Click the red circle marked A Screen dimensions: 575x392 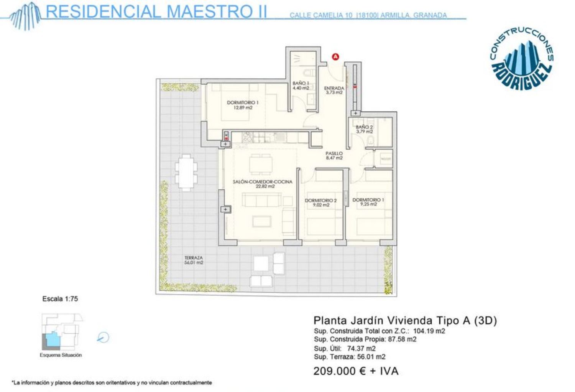click(335, 57)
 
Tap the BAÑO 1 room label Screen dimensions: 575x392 click(301, 86)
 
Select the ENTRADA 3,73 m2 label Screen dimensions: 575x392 click(334, 90)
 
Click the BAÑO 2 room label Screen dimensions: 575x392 click(364, 129)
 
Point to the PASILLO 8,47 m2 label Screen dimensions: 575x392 click(334, 156)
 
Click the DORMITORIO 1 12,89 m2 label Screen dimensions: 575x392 click(243, 105)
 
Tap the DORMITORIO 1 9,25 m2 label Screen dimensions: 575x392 click(368, 202)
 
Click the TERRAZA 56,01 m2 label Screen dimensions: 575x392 click(194, 260)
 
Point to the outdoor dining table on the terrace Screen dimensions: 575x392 click(186, 173)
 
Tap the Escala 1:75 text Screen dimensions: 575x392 click(60, 299)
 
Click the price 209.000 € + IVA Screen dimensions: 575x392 click(356, 371)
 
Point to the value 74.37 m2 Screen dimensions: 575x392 click(361, 348)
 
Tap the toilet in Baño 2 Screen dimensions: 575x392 click(370, 140)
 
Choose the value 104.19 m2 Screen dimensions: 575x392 click(429, 331)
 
